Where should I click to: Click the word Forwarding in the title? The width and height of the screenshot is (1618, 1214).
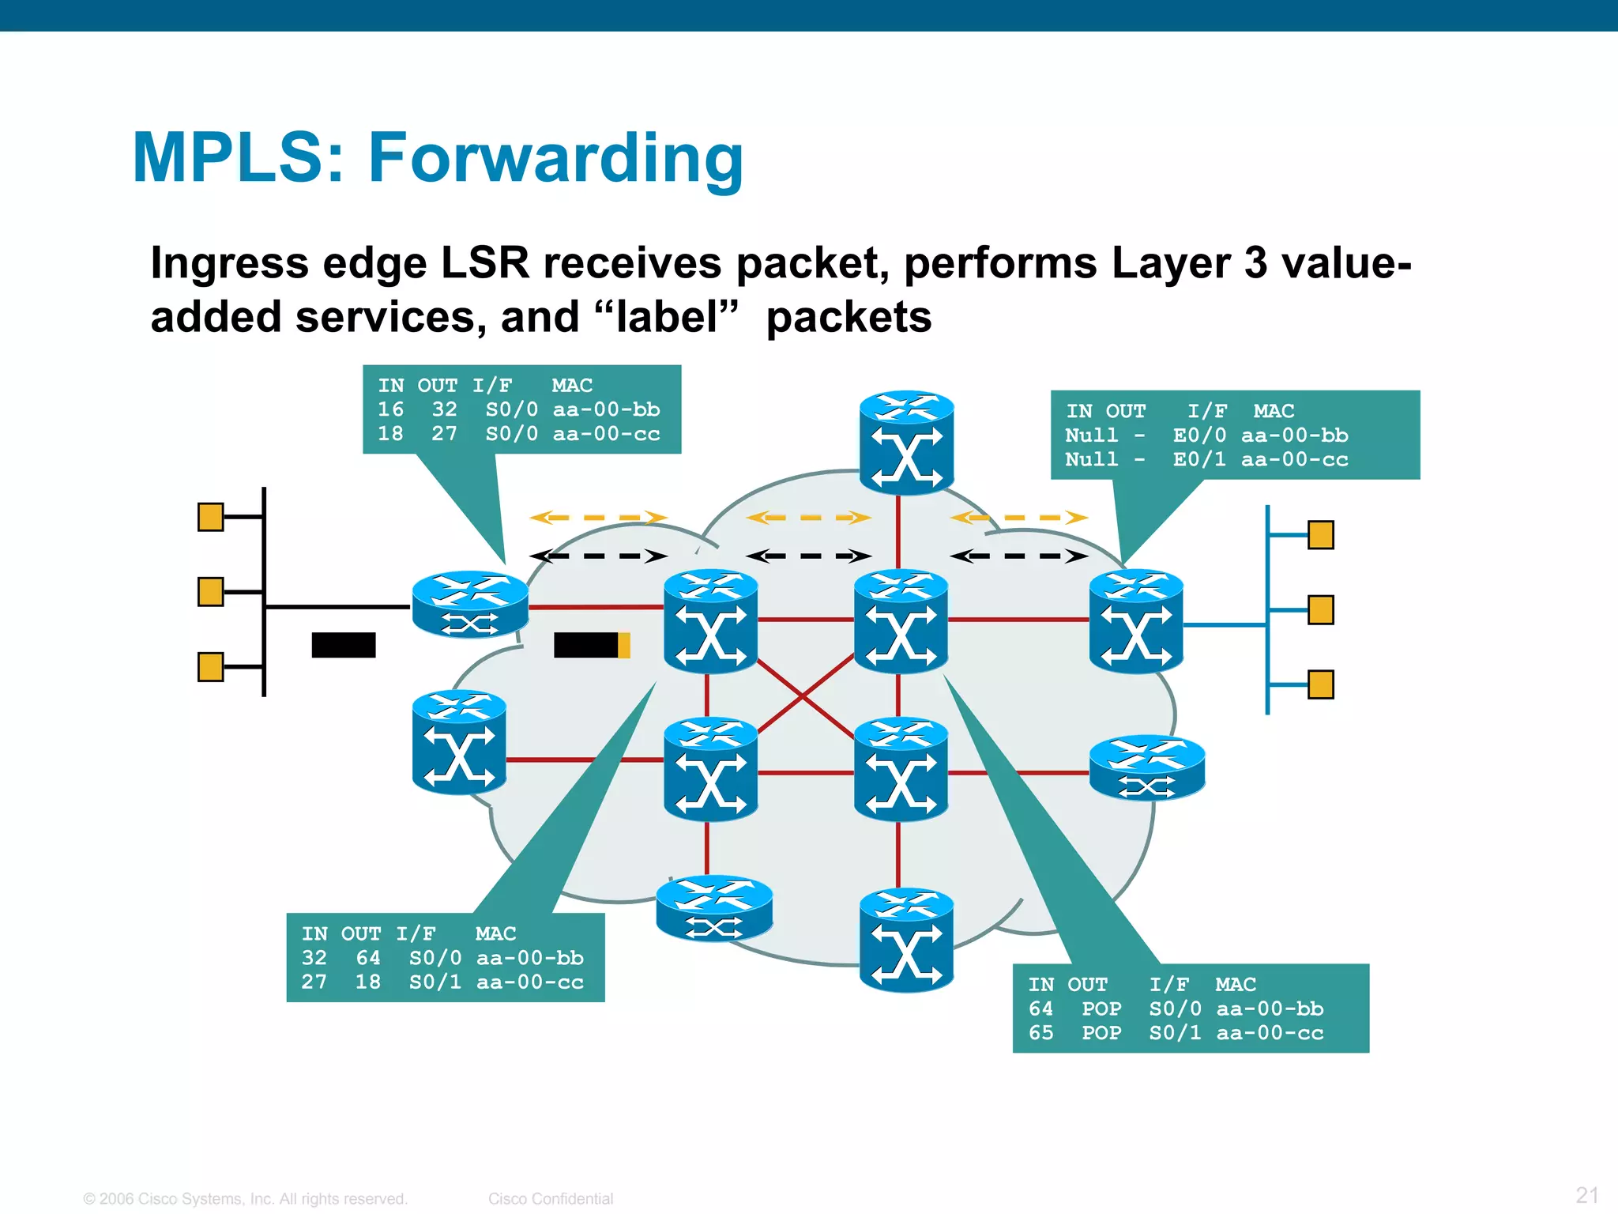555,158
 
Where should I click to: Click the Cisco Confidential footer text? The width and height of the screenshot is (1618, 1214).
550,1198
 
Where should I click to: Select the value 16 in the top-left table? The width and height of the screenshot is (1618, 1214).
390,409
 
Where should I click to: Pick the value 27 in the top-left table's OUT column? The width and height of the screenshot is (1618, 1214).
444,434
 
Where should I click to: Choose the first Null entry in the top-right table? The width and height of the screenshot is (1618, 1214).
1091,435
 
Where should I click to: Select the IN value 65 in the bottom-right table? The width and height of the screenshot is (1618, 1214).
1040,1033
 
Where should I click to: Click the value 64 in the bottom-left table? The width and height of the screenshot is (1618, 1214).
368,958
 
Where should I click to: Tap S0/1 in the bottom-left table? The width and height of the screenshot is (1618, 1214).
435,982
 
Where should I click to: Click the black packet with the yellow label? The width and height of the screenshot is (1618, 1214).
591,645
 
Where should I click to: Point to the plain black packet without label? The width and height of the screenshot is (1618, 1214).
343,645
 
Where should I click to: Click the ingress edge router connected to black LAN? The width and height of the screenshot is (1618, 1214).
470,605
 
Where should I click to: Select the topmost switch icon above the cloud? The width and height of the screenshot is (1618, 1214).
906,443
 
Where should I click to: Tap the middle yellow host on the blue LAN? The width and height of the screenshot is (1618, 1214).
1320,609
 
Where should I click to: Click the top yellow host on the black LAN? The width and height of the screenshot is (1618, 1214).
210,517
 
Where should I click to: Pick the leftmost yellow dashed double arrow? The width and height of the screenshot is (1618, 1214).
598,518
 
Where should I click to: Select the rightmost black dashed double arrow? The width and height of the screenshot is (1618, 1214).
1018,556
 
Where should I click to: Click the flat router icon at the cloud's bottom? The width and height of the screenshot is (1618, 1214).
714,908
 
